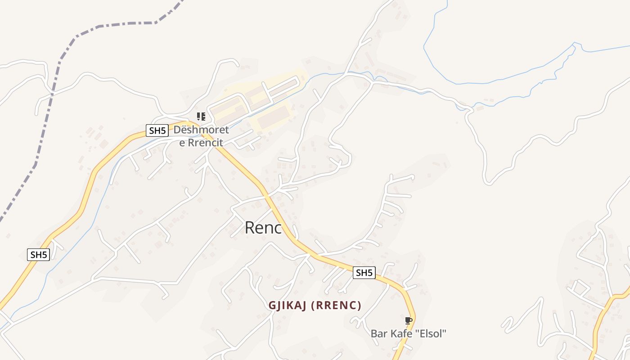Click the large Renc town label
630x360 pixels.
tap(263, 228)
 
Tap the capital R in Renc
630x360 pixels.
tap(250, 228)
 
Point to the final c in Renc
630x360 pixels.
tap(278, 229)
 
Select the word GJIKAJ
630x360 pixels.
tap(288, 306)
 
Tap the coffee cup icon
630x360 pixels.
tap(408, 320)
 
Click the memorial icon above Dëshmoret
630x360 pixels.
tap(201, 117)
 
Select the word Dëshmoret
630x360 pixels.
tap(201, 130)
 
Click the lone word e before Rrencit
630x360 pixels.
tap(182, 144)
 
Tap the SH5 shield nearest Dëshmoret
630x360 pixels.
tap(157, 131)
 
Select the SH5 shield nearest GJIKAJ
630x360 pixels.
tap(364, 273)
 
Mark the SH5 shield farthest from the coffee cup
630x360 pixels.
tap(38, 255)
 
